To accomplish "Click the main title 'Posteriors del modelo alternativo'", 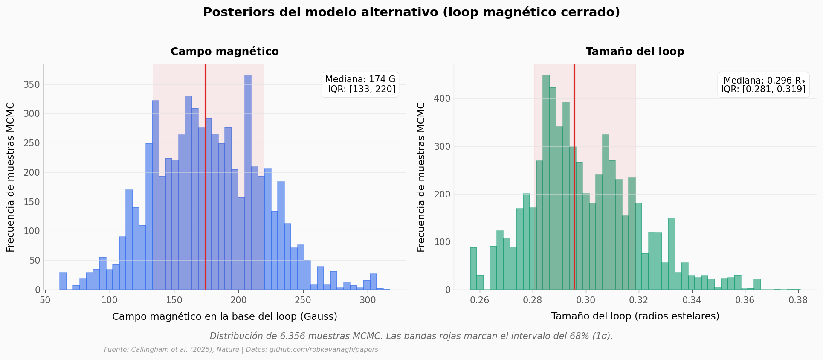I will (x=411, y=12).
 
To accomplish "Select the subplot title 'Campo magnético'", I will (x=224, y=52).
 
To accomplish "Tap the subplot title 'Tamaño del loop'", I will (x=635, y=52).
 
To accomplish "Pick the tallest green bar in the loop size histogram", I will (x=546, y=183).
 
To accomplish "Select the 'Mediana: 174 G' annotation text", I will (x=360, y=79).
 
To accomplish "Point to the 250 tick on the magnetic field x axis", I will (x=303, y=300).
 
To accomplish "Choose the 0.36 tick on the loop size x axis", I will (x=745, y=300).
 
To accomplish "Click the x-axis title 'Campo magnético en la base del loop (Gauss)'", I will (x=224, y=316).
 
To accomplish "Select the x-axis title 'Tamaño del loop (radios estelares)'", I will (x=635, y=316).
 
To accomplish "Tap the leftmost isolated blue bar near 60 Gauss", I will (x=63, y=282).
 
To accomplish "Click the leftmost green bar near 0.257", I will (x=473, y=269).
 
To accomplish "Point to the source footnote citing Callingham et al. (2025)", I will (x=241, y=350).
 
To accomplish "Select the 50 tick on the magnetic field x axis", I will (x=45, y=300).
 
